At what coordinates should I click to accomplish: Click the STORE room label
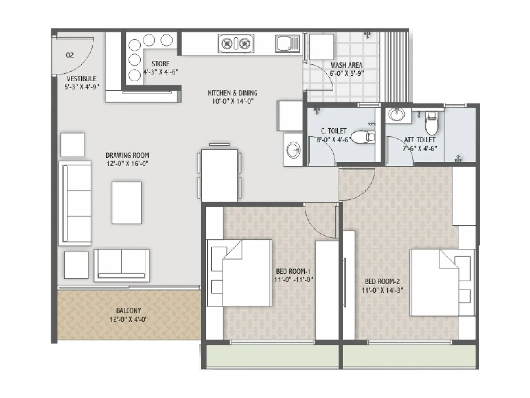(161, 64)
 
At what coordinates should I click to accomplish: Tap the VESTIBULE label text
(81, 79)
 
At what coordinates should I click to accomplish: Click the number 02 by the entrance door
(70, 55)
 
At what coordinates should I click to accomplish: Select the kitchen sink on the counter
(287, 44)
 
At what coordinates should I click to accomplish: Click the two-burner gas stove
(236, 43)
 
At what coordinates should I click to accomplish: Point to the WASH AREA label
(346, 65)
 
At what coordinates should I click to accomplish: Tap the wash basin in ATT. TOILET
(397, 115)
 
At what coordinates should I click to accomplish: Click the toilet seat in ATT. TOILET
(431, 123)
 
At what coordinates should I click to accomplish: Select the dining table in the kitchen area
(219, 175)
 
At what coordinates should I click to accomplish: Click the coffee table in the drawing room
(127, 203)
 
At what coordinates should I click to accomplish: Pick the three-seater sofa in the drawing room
(75, 203)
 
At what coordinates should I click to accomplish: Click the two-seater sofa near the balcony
(121, 265)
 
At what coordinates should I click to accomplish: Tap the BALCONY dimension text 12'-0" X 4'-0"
(129, 319)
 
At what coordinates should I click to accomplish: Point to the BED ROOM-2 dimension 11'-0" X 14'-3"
(382, 290)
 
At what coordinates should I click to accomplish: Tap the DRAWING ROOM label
(128, 155)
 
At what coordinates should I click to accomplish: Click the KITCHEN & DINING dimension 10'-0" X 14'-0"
(233, 101)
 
